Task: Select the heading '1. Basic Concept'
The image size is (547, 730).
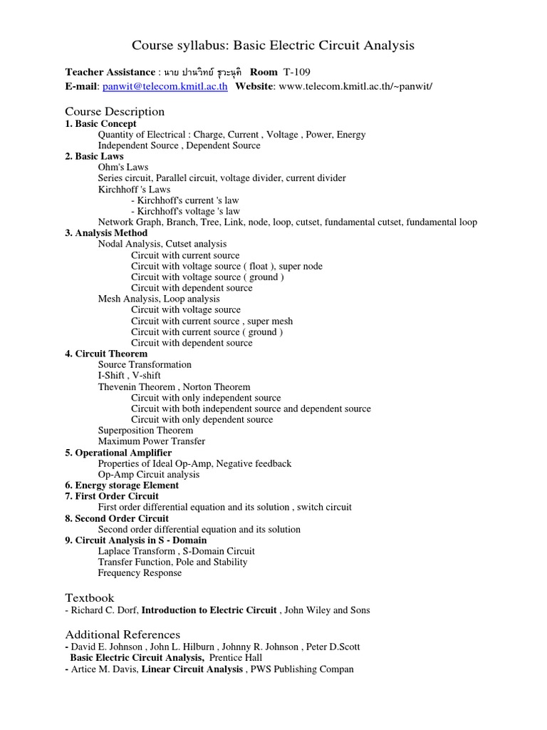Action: [x=101, y=123]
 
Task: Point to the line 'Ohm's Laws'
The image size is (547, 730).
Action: [x=123, y=167]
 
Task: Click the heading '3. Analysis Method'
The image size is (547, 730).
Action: [x=107, y=233]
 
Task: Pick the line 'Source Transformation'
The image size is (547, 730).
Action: [x=145, y=364]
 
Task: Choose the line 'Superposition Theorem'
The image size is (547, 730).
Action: [x=145, y=431]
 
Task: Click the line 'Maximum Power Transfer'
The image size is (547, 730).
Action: [x=152, y=441]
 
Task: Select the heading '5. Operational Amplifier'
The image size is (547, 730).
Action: [x=118, y=453]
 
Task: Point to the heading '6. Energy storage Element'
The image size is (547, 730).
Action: [x=122, y=485]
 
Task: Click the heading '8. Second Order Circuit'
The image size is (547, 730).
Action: [x=117, y=518]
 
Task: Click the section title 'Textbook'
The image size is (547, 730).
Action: [x=90, y=597]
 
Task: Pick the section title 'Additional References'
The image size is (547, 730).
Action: [x=123, y=634]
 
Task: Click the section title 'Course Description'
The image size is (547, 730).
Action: [x=115, y=111]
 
